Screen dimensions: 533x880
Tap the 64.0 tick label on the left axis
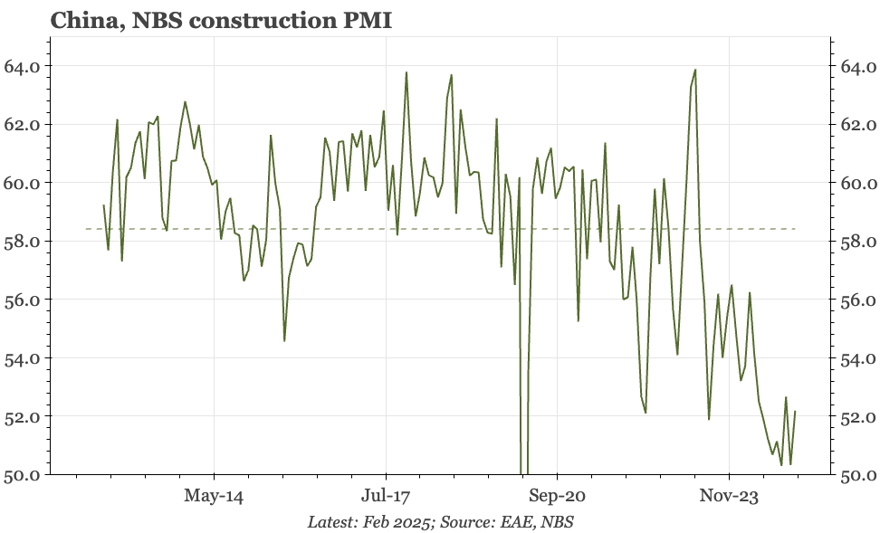tap(23, 66)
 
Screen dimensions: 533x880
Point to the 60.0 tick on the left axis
tap(23, 183)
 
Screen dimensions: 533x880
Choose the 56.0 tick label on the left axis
tap(23, 300)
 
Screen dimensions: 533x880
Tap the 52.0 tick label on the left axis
tap(23, 416)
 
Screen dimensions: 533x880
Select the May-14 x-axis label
tap(214, 496)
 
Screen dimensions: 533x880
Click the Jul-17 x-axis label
tap(386, 496)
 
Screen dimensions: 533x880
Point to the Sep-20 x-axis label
tap(557, 496)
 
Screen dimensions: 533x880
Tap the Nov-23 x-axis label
tap(729, 496)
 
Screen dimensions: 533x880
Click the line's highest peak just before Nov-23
tap(695, 70)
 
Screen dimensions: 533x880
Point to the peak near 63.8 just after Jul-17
tap(406, 72)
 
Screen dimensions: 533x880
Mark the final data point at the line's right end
tap(796, 412)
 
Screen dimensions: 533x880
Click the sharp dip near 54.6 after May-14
tap(284, 340)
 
